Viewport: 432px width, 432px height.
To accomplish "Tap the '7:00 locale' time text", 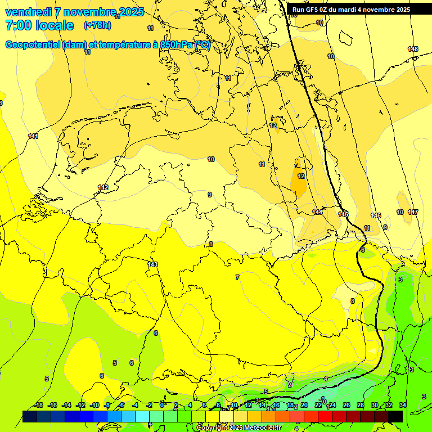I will click(39, 25).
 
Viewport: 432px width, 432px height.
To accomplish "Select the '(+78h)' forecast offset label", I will click(97, 25).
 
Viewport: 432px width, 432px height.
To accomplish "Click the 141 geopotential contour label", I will click(33, 137).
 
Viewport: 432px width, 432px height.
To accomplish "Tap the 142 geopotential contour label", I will click(103, 187).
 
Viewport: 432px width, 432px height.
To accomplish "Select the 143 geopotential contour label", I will click(152, 264).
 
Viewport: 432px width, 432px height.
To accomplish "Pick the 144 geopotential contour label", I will click(317, 212).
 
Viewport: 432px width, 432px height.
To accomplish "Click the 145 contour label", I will click(343, 215).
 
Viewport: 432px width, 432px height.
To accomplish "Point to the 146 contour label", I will click(376, 216).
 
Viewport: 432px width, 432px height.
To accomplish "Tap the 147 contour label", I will click(413, 212).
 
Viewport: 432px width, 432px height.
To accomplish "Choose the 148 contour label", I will click(413, 49).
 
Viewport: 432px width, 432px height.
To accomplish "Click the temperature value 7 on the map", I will click(237, 277).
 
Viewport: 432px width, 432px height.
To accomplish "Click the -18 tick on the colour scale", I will click(39, 406).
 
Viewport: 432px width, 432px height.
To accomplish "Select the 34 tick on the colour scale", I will click(402, 406).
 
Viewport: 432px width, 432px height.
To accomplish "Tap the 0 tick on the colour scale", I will click(162, 406).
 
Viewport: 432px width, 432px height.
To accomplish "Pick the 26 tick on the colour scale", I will click(346, 406).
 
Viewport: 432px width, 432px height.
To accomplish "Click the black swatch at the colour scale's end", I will click(395, 416).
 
